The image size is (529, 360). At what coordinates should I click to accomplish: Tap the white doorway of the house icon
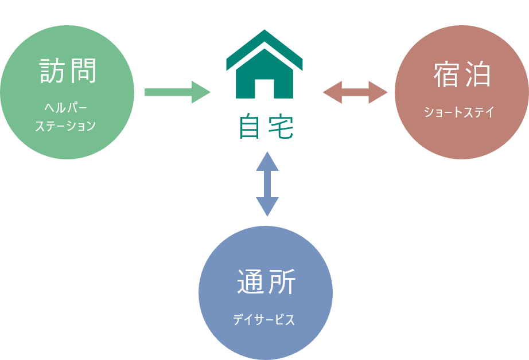pos(264,89)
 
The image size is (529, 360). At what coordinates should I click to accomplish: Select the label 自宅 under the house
pos(266,128)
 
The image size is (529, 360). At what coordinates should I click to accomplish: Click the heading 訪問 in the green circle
pos(68,71)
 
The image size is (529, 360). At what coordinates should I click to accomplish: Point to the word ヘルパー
pos(67,107)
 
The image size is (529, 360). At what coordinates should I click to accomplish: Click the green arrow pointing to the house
pos(177,92)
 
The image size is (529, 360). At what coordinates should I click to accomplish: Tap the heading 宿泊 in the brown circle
pos(462,75)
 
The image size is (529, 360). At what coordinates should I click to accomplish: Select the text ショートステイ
pos(459,112)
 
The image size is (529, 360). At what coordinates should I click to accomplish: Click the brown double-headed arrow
pos(356,92)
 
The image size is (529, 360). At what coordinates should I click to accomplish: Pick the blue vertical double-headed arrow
pos(267,184)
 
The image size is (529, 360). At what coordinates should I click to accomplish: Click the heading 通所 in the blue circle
pos(266,282)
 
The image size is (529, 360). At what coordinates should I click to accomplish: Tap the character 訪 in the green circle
pos(53,71)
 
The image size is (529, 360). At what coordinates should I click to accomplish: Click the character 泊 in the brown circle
pos(477,75)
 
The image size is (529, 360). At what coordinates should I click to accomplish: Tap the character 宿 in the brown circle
pos(447,75)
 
